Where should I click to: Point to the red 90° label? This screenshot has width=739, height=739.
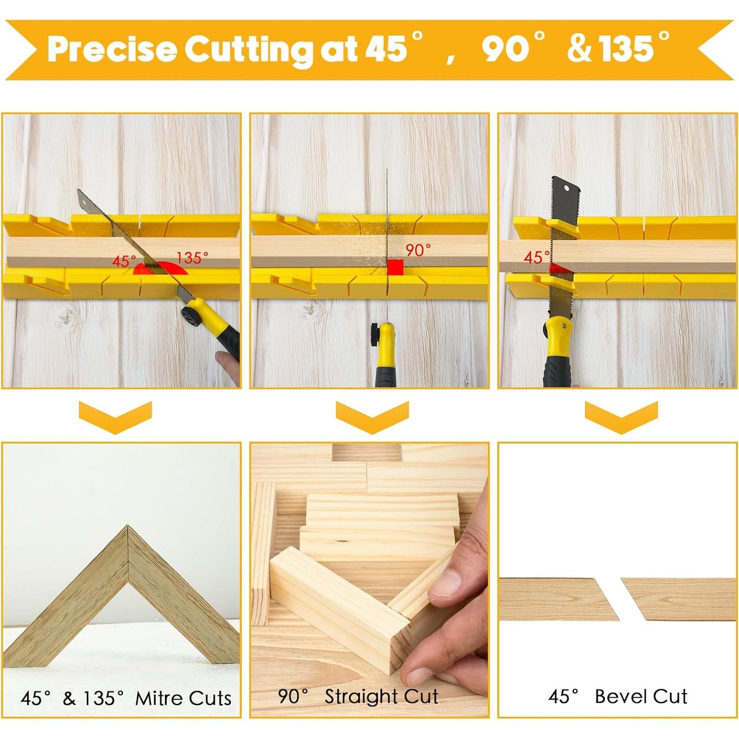coord(417,250)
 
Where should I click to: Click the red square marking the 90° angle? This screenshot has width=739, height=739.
coord(395,267)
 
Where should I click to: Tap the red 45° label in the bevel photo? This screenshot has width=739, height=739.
coord(535,257)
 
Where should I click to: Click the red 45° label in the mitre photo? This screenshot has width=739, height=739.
coord(123,261)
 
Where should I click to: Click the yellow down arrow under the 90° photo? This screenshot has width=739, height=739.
coord(372,416)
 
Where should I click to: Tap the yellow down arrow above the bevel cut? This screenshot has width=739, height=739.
coord(621,416)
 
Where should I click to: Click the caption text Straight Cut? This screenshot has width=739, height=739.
coord(381,696)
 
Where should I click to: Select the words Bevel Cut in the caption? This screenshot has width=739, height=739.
coord(640,696)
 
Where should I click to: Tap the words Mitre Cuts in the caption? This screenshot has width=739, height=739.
coord(183,698)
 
